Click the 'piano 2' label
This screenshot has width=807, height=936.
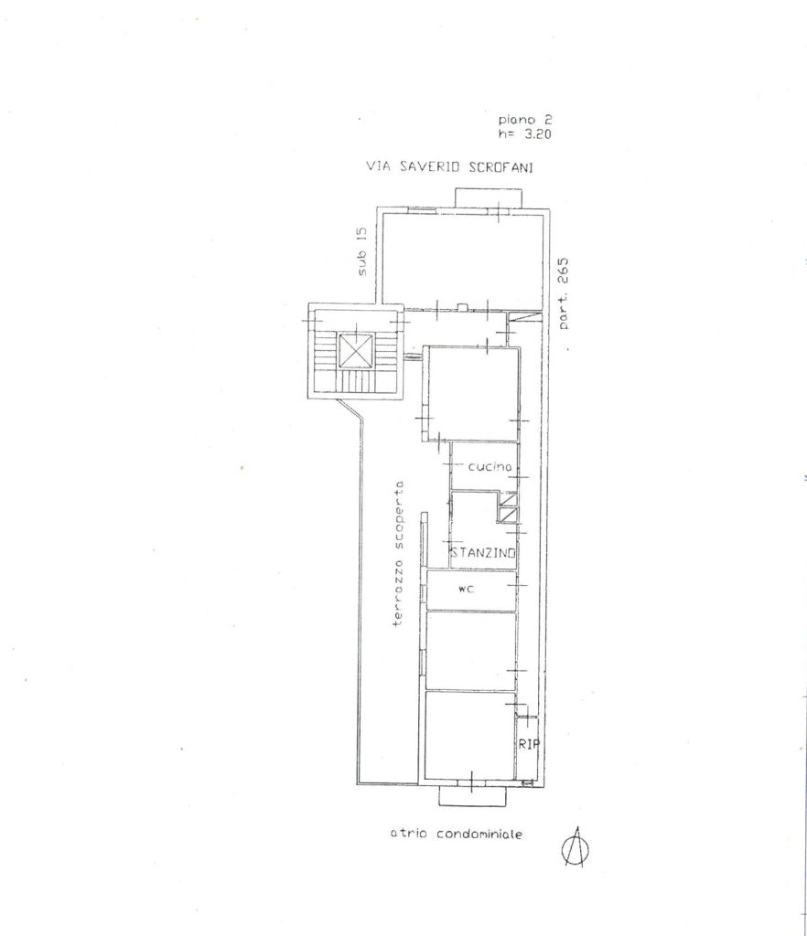tap(525, 121)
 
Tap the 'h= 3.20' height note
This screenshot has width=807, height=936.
tap(525, 134)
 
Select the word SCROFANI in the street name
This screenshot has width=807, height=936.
tap(500, 167)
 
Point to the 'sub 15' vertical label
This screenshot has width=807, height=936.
tap(362, 251)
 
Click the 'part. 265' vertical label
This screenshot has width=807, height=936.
tap(564, 293)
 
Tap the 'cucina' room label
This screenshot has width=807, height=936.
tap(490, 467)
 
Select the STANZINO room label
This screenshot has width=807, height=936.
tap(483, 553)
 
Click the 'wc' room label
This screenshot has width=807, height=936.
tap(467, 590)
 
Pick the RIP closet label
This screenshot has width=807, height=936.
tap(529, 744)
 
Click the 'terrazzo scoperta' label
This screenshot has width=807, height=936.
tap(398, 553)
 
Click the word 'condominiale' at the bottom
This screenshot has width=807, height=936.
tap(479, 834)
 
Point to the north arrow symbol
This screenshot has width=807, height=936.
tap(576, 847)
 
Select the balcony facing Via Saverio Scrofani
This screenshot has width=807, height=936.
tap(489, 197)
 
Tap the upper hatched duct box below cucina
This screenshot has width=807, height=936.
tap(508, 499)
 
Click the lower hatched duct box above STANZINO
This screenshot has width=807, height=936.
tap(508, 515)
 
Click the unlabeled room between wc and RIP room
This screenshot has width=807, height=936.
tap(470, 651)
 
